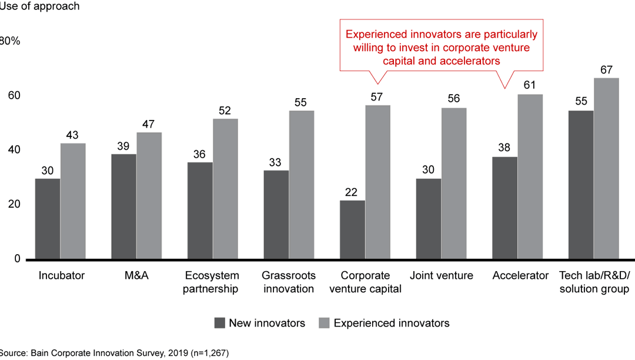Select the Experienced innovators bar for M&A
149,196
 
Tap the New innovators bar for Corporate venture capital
352,230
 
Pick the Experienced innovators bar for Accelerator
530,177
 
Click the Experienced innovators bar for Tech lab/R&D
606,169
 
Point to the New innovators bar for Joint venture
428,219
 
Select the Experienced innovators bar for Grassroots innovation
302,185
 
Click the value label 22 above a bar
352,192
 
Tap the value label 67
606,69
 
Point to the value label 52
225,111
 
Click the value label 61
530,86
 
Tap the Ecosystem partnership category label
212,282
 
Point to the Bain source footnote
115,353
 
